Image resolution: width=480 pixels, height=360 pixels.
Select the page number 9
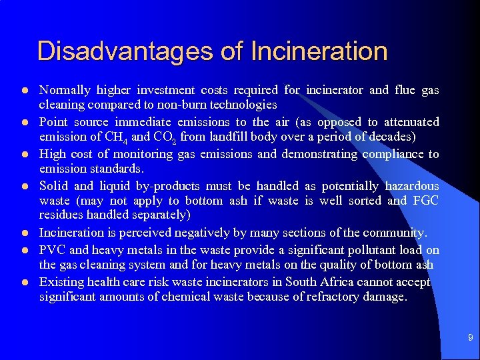point(470,339)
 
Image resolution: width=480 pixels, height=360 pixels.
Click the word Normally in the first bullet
point(65,90)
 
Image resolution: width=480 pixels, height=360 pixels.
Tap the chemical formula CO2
point(165,137)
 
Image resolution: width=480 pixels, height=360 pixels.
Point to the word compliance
point(391,154)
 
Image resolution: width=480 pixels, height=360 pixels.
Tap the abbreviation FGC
point(426,201)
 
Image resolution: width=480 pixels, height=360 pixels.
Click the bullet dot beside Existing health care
point(23,283)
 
